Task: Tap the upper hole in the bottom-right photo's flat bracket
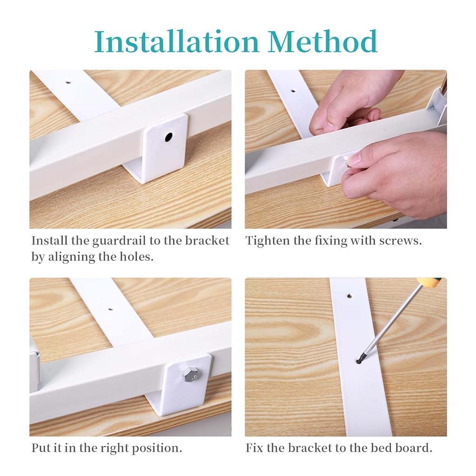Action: (349, 295)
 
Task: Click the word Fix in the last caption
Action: (254, 448)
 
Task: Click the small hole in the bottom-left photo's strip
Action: (110, 308)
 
